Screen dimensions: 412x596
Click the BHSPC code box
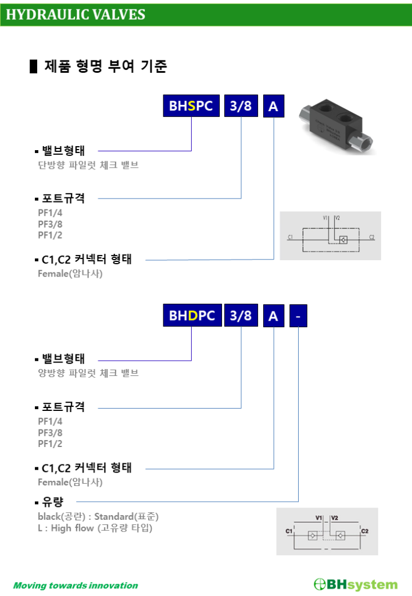click(x=191, y=106)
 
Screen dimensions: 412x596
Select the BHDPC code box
click(x=192, y=315)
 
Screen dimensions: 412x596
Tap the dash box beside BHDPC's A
click(x=298, y=316)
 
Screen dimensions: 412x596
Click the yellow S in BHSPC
click(x=192, y=106)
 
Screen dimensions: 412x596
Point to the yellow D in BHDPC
click(x=193, y=316)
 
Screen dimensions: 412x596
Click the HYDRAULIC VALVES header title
click(x=76, y=15)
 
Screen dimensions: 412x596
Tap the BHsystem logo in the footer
click(x=356, y=584)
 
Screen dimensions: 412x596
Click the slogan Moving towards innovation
click(x=76, y=586)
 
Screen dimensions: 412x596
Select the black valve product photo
click(x=336, y=126)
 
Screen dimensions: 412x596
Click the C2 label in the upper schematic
click(x=372, y=237)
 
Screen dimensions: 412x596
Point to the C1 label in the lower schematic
click(x=289, y=531)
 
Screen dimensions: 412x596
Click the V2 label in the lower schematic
click(x=335, y=517)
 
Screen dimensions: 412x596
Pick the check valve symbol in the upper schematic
click(x=343, y=239)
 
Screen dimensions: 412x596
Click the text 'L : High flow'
click(x=66, y=528)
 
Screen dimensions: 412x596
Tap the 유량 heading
click(x=53, y=502)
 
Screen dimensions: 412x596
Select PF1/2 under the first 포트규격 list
click(x=50, y=235)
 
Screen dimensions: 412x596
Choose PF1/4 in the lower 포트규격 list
click(x=50, y=421)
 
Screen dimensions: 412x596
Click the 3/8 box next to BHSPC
click(x=241, y=106)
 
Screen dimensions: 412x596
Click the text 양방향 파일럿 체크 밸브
click(x=88, y=373)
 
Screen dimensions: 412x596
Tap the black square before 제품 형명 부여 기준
click(x=33, y=66)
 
